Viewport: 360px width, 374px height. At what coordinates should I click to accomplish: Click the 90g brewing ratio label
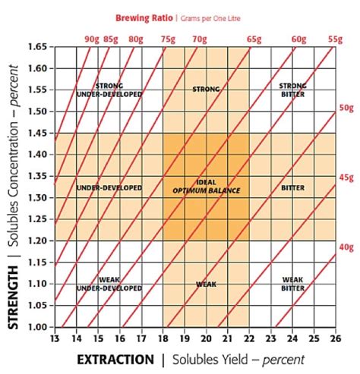[x=92, y=38]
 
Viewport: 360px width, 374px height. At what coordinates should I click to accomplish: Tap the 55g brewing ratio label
[x=335, y=38]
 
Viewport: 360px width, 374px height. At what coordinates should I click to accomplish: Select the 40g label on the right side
[x=346, y=247]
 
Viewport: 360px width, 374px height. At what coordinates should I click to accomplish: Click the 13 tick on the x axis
[x=54, y=338]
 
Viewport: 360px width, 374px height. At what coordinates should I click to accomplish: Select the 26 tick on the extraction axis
[x=335, y=338]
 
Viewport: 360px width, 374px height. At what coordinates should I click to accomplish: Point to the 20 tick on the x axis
[x=206, y=338]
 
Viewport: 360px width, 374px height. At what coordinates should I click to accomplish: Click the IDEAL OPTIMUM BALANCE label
[x=206, y=187]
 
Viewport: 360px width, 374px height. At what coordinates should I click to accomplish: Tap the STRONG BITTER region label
[x=292, y=90]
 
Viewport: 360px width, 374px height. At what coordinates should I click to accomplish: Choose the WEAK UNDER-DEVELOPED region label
[x=109, y=284]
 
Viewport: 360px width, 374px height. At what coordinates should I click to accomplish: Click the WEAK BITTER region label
[x=292, y=284]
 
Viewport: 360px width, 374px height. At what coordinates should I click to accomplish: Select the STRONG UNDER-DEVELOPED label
[x=109, y=90]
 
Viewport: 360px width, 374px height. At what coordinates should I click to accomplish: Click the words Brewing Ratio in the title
[x=143, y=17]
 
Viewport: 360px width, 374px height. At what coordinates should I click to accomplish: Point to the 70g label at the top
[x=200, y=38]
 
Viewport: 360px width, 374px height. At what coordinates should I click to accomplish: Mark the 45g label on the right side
[x=346, y=178]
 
